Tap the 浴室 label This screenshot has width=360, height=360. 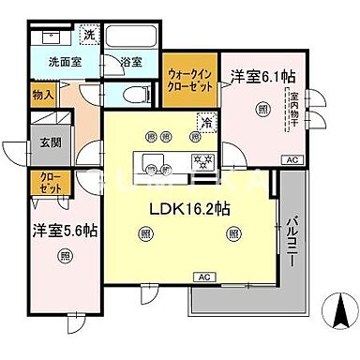pos(131,63)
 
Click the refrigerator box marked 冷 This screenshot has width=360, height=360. pos(203,122)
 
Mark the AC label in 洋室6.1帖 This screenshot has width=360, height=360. pos(289,159)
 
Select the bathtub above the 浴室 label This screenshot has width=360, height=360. pos(131,37)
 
